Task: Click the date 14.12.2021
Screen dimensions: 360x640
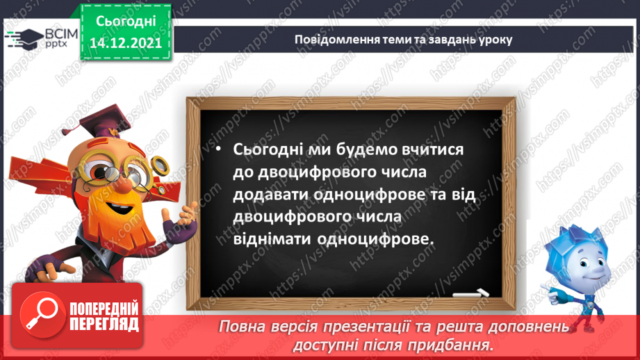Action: click(126, 42)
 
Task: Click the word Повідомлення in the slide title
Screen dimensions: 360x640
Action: click(333, 40)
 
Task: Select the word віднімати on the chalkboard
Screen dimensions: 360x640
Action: click(270, 238)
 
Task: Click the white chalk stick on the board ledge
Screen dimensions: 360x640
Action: click(470, 293)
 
